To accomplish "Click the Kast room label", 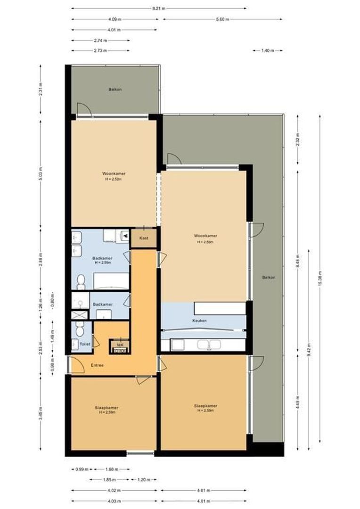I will tap(144, 238).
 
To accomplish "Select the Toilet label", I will tap(85, 344).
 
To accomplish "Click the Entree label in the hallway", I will tap(97, 365).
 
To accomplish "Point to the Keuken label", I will tap(200, 320).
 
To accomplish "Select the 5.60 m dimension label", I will tap(222, 19).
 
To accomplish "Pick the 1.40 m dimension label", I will tap(267, 50).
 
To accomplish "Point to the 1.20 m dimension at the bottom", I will tap(144, 480).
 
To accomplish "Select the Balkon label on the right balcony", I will tap(269, 278).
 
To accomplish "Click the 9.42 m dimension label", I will tap(309, 349).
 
